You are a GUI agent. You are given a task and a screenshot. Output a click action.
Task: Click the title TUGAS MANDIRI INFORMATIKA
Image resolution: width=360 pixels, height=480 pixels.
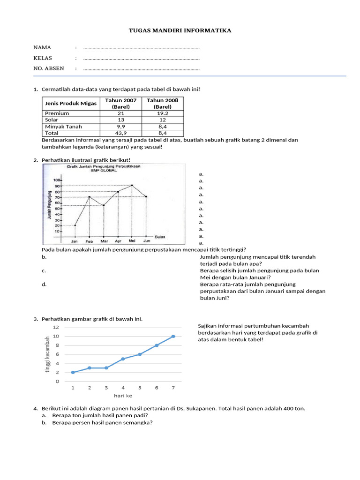click(180, 31)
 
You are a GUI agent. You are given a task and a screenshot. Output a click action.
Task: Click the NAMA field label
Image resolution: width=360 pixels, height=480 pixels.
click(42, 48)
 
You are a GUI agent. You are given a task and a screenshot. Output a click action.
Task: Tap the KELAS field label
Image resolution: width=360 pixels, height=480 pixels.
click(43, 58)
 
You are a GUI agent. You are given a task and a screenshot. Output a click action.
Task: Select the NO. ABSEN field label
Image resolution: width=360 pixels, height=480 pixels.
click(48, 68)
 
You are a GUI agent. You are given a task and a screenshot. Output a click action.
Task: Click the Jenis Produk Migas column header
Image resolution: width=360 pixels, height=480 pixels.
click(70, 104)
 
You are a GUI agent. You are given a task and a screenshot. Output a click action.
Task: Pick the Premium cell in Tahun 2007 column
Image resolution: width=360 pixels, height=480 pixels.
click(121, 113)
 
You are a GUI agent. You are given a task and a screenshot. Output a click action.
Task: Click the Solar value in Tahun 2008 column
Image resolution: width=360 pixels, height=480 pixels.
click(163, 120)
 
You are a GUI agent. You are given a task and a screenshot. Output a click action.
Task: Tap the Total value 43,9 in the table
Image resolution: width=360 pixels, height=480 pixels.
click(121, 133)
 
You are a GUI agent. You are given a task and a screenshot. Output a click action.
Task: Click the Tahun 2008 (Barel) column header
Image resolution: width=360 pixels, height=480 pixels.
click(163, 104)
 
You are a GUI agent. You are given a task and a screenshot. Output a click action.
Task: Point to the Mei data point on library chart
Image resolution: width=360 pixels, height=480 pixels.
click(132, 185)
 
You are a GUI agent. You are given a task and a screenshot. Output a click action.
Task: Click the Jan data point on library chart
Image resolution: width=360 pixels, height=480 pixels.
click(75, 225)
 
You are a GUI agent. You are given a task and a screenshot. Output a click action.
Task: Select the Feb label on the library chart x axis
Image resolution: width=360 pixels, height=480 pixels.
click(89, 241)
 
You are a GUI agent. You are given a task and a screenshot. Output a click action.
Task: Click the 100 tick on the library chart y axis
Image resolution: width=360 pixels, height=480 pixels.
click(57, 180)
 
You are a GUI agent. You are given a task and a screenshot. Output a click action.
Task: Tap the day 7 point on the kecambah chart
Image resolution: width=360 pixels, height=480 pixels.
click(173, 336)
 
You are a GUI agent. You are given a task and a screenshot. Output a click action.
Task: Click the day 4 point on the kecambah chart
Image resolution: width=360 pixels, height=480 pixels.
click(123, 359)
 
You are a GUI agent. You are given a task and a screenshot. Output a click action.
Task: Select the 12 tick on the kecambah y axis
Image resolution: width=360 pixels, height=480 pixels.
click(56, 327)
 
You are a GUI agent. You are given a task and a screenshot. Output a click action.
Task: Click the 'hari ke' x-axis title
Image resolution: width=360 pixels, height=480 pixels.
click(123, 396)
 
